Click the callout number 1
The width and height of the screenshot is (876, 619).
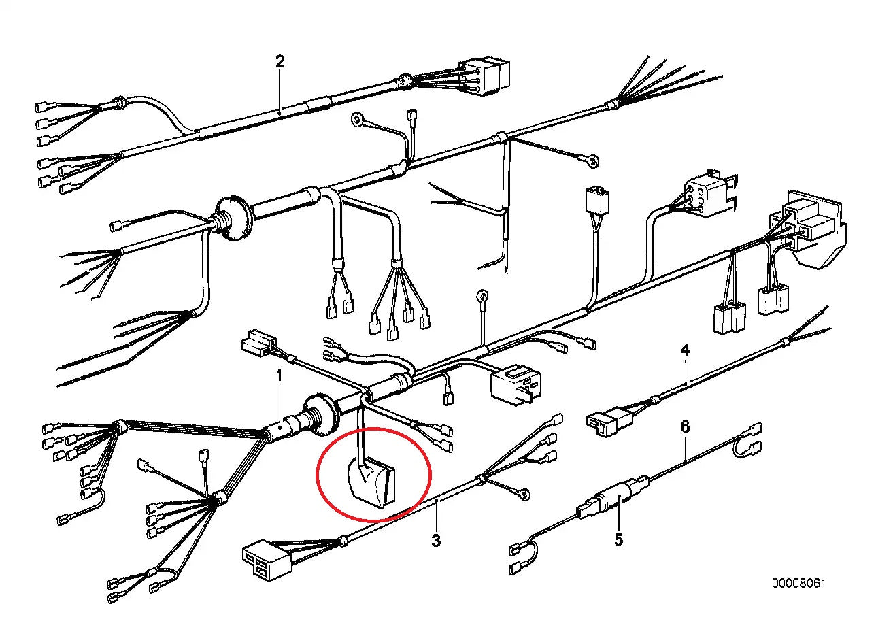pos(279,375)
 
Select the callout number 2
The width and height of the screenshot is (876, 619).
pos(280,61)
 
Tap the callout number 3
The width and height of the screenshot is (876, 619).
pos(436,540)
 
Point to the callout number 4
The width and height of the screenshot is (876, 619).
pos(685,350)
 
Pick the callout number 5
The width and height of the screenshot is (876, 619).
pos(618,539)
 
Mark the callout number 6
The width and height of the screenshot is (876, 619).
pos(685,426)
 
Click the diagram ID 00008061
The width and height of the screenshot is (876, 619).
pos(799,583)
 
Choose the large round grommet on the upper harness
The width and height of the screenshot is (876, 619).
pos(233,218)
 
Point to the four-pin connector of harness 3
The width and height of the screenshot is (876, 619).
pos(267,554)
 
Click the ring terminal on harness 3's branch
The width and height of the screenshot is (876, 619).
pos(525,495)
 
